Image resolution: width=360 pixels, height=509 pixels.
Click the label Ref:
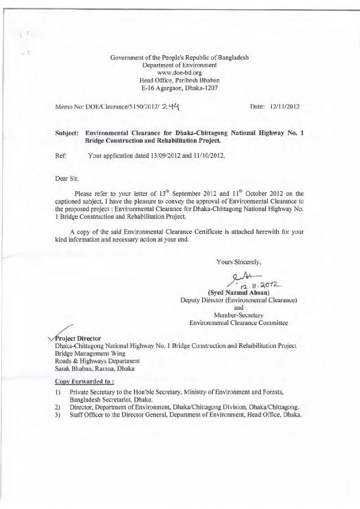(x=62, y=157)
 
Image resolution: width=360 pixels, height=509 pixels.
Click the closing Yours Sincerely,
(x=240, y=261)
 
